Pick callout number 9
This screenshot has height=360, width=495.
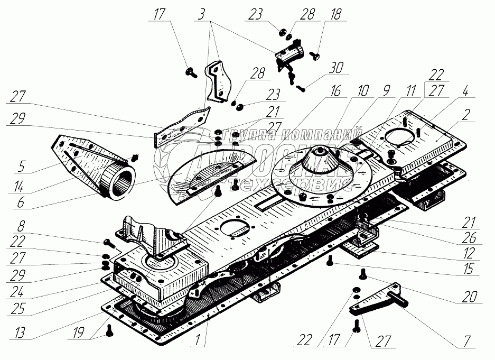[x=387, y=91]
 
